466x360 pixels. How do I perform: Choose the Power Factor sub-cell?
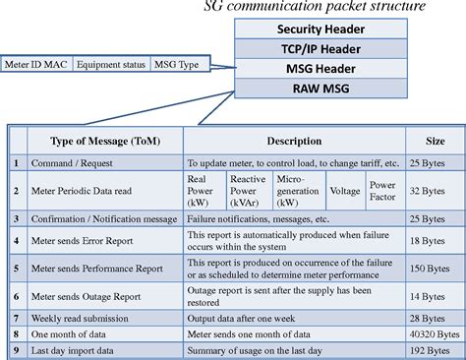(382, 186)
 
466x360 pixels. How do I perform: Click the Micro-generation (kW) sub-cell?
(295, 186)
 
